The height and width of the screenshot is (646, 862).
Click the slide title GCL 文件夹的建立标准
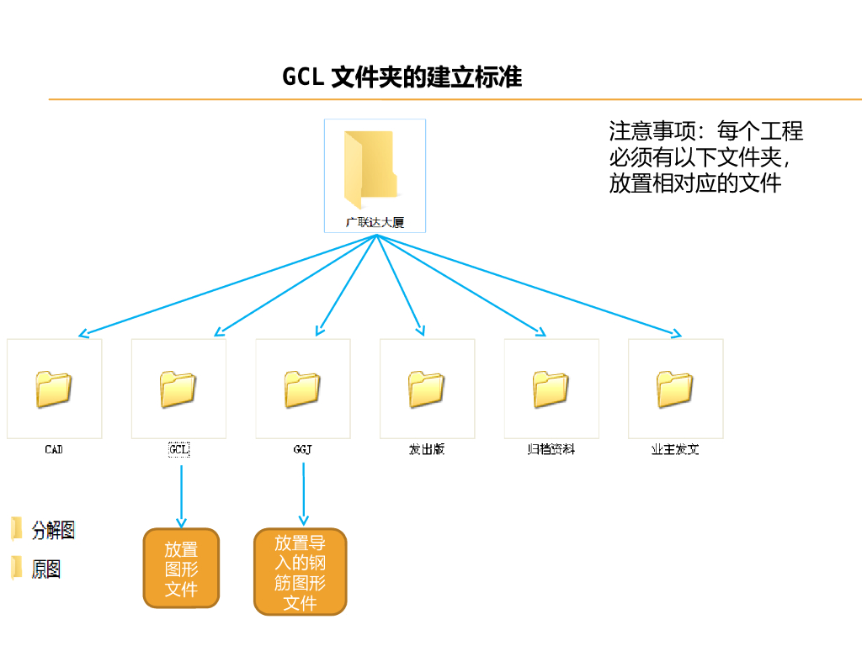pos(402,77)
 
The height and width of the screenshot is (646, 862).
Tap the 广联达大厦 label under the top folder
pos(375,222)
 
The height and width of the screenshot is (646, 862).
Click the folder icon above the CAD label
pos(54,389)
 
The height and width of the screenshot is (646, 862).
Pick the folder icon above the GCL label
pos(178,389)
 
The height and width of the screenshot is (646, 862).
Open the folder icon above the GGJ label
pos(302,389)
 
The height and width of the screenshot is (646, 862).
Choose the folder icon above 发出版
pos(427,389)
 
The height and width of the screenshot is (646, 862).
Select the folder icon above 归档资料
pos(551,389)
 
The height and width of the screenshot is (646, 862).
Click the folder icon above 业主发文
pos(675,389)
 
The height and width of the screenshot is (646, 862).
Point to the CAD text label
pos(54,449)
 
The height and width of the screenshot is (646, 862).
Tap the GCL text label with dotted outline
pos(178,449)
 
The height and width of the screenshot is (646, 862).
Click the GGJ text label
pos(302,449)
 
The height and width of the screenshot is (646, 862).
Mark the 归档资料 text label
pos(551,449)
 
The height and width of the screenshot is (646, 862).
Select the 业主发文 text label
pos(675,449)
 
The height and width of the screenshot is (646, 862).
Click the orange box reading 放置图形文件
pos(182,569)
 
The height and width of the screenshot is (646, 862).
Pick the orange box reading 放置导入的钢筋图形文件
pos(301,572)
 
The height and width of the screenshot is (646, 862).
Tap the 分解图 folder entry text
pos(53,530)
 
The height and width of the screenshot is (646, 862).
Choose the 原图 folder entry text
pos(45,569)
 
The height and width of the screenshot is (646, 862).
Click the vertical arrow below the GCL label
pos(182,496)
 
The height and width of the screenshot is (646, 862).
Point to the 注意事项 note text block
pos(706,157)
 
